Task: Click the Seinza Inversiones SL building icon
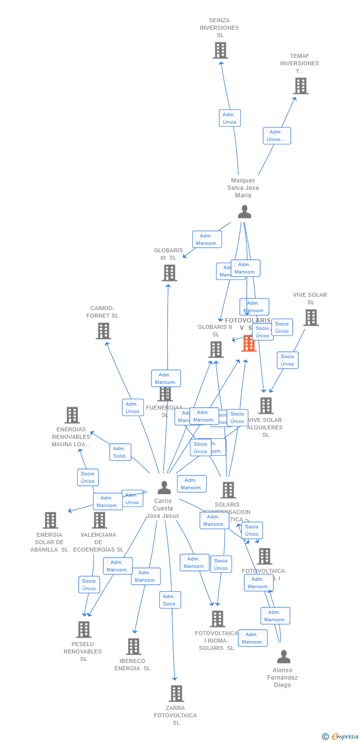point(220,50)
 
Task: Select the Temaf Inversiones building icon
point(300,86)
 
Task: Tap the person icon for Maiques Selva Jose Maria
point(244,212)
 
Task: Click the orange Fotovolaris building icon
point(249,343)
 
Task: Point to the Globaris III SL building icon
point(169,273)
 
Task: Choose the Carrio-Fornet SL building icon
point(103,331)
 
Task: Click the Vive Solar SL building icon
point(311,318)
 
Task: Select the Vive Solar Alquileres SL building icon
point(266,406)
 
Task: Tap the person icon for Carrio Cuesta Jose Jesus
point(164,488)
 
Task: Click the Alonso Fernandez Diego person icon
point(283,657)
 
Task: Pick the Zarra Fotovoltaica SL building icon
point(176,694)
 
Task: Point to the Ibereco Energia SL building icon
point(133,647)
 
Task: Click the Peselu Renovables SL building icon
point(84,629)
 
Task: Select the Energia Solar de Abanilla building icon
point(50,520)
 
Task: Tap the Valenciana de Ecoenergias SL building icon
point(99,520)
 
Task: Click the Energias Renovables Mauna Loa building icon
point(72,415)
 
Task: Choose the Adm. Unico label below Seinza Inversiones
point(229,118)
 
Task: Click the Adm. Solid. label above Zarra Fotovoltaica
point(170,600)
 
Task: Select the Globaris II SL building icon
point(216,350)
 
